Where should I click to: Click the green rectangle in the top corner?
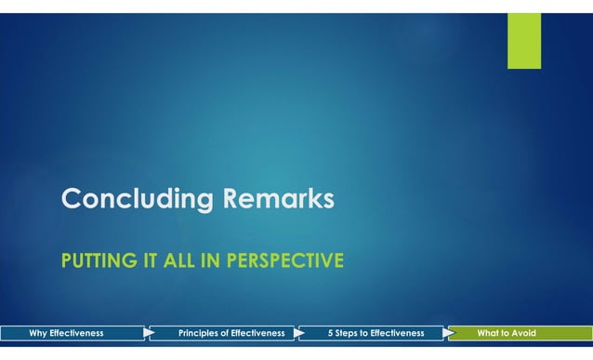pyautogui.click(x=523, y=40)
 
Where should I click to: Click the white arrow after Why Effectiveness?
pyautogui.click(x=149, y=333)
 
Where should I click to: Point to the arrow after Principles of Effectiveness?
pyautogui.click(x=300, y=333)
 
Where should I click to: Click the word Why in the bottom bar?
pyautogui.click(x=39, y=333)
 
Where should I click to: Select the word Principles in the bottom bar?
pyautogui.click(x=199, y=333)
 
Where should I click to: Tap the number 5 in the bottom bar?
pyautogui.click(x=331, y=333)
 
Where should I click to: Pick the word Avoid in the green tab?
pyautogui.click(x=522, y=333)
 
